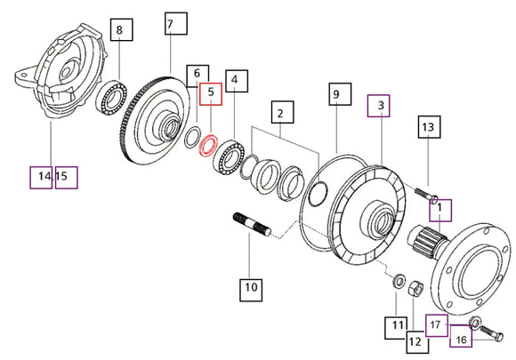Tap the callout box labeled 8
(121, 29)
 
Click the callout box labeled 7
(176, 23)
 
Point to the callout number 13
(429, 127)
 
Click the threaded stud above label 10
(252, 224)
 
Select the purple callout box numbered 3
(378, 106)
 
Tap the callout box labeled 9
(340, 94)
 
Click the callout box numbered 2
(282, 112)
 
